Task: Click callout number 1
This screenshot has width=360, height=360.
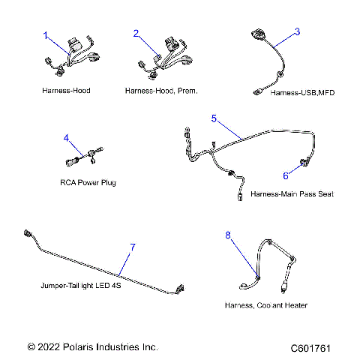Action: (x=45, y=35)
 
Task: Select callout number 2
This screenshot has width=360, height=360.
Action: (x=136, y=34)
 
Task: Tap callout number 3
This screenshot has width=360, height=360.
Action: (x=297, y=31)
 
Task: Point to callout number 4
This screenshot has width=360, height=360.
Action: (x=66, y=138)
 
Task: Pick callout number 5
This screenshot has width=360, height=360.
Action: (x=214, y=118)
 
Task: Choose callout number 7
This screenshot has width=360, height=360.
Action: (x=133, y=247)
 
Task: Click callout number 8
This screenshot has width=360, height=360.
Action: (x=229, y=235)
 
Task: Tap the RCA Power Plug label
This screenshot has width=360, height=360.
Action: (x=88, y=182)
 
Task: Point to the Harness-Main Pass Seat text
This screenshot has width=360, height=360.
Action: (x=292, y=193)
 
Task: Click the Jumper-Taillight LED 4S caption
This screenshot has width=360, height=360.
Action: (x=81, y=286)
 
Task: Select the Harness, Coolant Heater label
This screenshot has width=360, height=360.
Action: (x=265, y=305)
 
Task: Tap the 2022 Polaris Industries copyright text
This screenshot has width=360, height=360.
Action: (x=92, y=347)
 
